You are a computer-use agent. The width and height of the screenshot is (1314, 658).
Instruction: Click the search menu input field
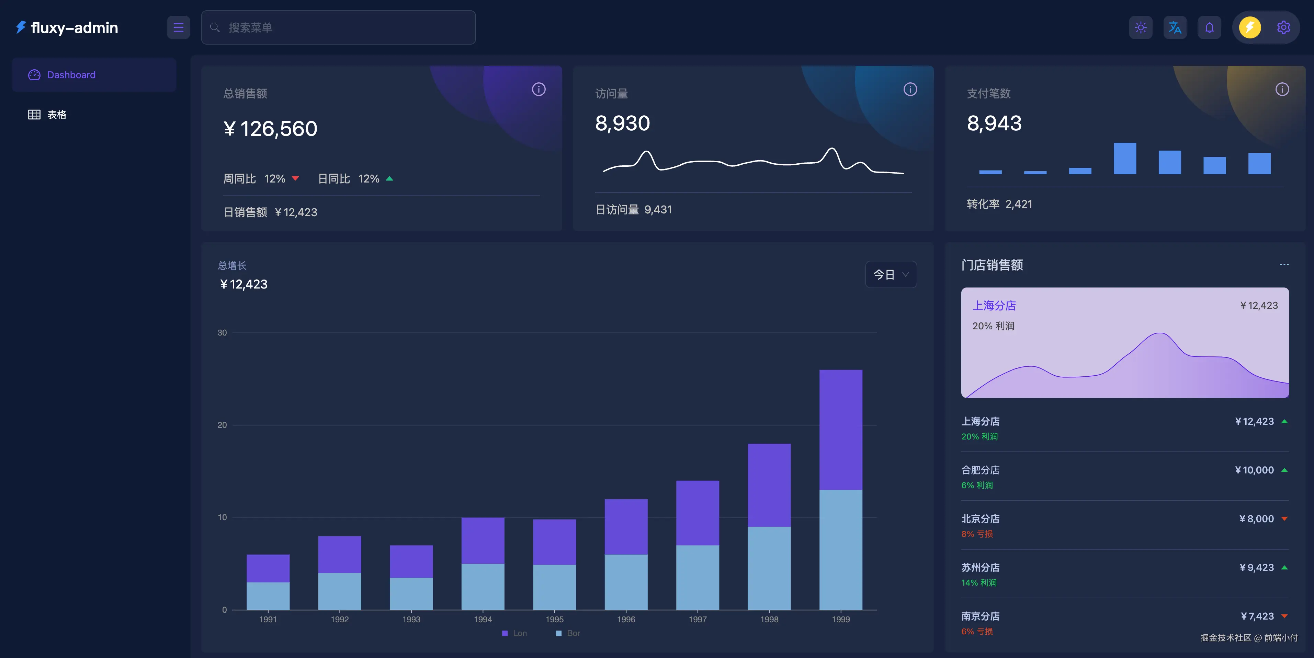(x=338, y=27)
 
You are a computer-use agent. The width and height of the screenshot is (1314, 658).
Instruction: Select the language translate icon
(x=1175, y=27)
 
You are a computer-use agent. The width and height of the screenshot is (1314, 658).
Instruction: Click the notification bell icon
(x=1209, y=27)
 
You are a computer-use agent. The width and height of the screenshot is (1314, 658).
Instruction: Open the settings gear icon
(x=1283, y=27)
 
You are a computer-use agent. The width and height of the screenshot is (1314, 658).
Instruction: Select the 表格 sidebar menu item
(x=57, y=115)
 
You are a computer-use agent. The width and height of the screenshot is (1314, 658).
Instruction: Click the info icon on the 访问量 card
(x=910, y=90)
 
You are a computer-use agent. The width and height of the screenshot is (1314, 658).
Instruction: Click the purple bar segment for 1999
(x=841, y=429)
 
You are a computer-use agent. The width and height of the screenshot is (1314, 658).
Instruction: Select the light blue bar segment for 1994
(x=483, y=586)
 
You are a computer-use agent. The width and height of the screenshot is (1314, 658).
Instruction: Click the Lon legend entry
(x=515, y=633)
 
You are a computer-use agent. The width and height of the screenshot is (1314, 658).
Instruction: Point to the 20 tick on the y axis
(x=222, y=425)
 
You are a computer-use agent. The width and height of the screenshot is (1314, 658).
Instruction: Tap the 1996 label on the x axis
(x=626, y=619)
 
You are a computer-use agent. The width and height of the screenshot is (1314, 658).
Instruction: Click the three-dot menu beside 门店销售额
(x=1284, y=265)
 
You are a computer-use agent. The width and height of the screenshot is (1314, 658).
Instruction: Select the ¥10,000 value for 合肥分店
(x=1254, y=470)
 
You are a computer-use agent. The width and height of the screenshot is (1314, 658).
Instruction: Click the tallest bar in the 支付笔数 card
(x=1125, y=158)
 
